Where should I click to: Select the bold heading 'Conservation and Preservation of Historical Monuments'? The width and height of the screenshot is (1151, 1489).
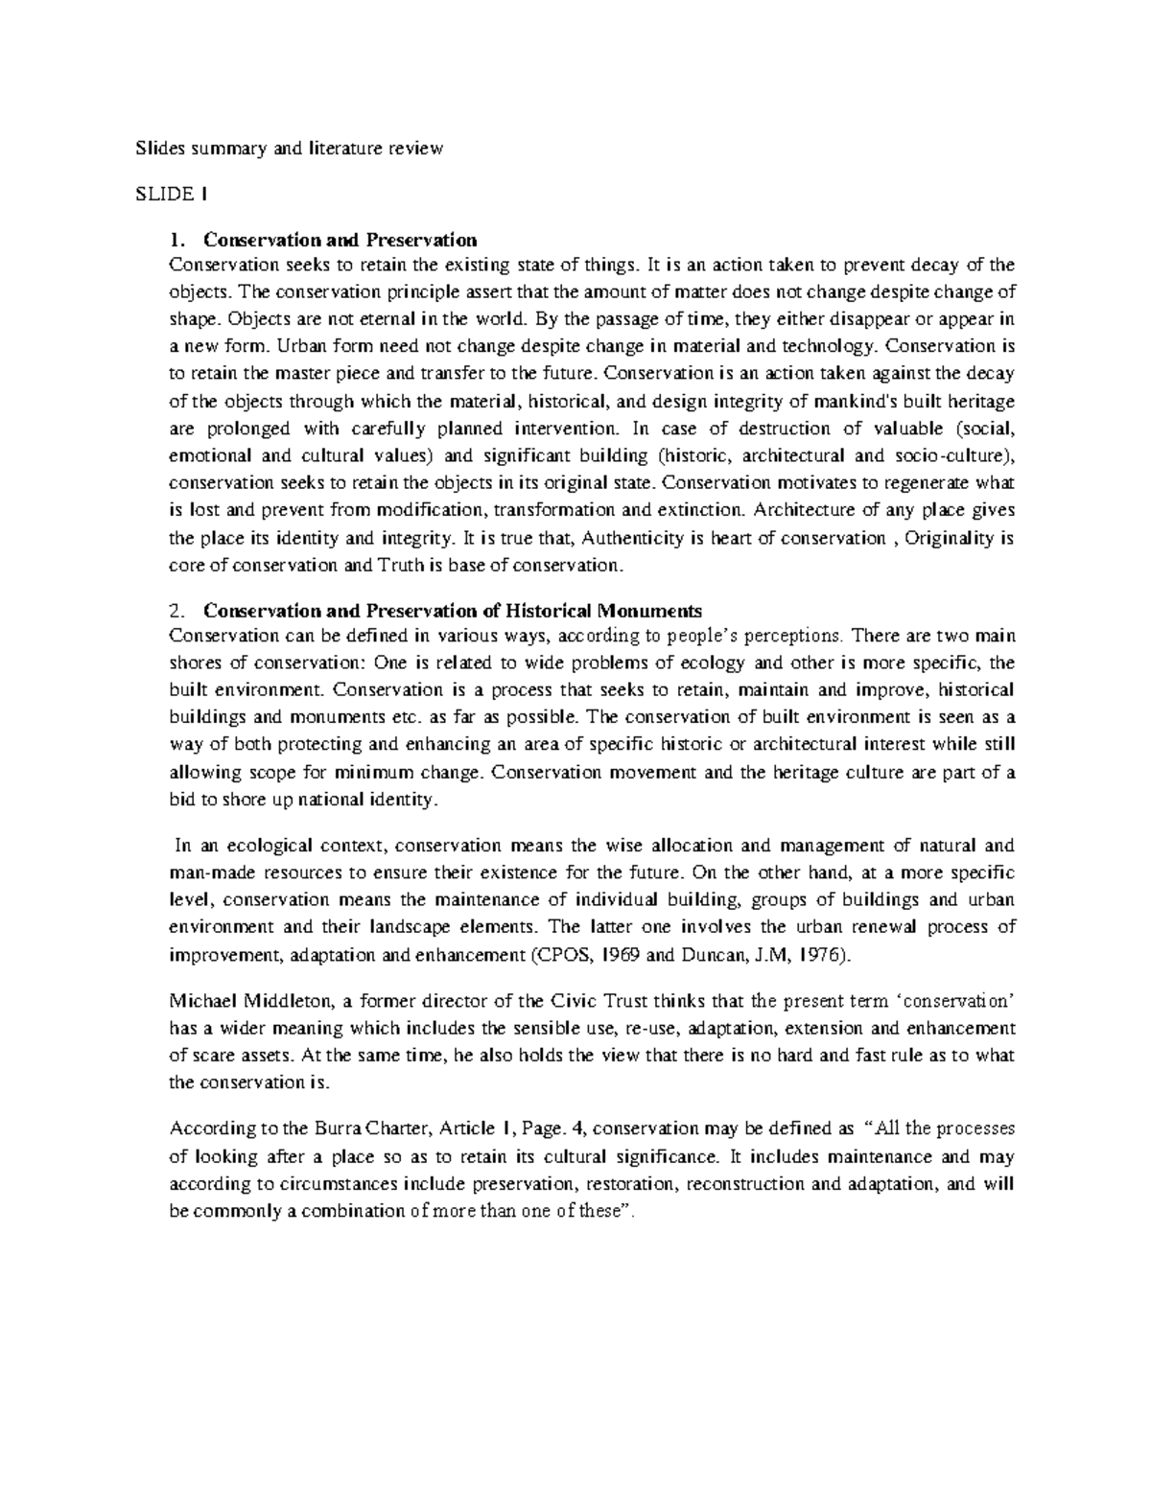tap(453, 611)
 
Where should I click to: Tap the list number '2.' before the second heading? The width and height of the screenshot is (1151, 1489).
tap(175, 611)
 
